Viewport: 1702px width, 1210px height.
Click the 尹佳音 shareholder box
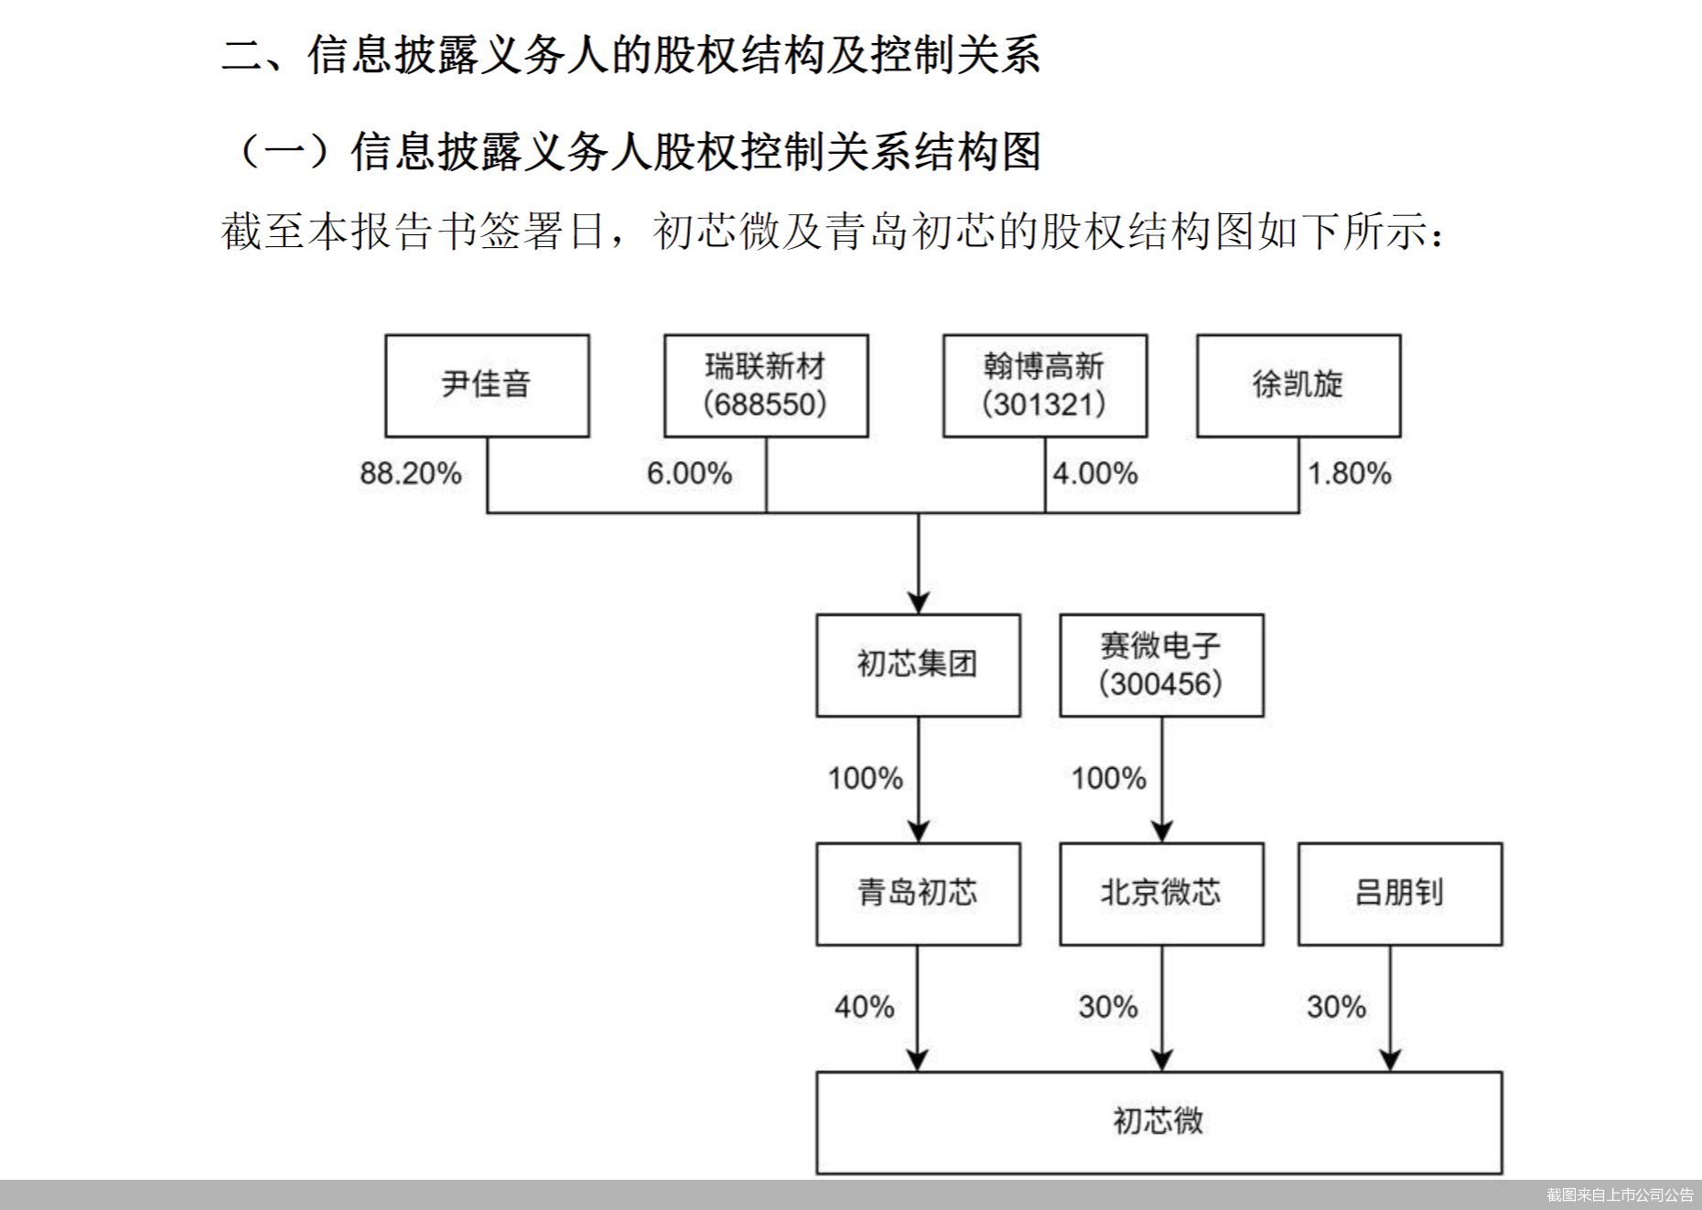pos(487,385)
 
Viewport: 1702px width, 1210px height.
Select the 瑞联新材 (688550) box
pos(766,385)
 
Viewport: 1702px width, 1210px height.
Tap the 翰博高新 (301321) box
pos(1045,385)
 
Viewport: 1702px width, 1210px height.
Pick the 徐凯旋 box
pos(1298,385)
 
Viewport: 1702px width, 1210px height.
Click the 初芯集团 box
pos(918,664)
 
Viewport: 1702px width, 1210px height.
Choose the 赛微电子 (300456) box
pos(1161,664)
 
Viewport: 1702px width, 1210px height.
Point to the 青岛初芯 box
pos(918,893)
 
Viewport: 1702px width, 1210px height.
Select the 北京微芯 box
pos(1161,893)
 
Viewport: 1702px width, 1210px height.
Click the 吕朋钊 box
pos(1400,893)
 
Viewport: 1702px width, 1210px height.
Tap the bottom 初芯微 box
pos(1158,1122)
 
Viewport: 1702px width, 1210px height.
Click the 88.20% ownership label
pos(411,473)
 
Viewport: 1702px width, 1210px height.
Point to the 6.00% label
pos(689,473)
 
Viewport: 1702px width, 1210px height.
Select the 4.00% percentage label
pos(1095,473)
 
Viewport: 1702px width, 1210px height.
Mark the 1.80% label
pos(1350,473)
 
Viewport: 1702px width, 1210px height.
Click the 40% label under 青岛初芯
pos(864,1007)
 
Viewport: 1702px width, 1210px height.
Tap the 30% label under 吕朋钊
pos(1336,1007)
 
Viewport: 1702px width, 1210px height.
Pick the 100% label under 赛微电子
pos(1109,778)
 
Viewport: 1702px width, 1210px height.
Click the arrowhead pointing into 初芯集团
pos(919,602)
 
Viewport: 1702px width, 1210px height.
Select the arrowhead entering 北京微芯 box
pos(1162,831)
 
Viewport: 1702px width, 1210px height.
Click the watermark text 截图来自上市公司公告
pos(1620,1195)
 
